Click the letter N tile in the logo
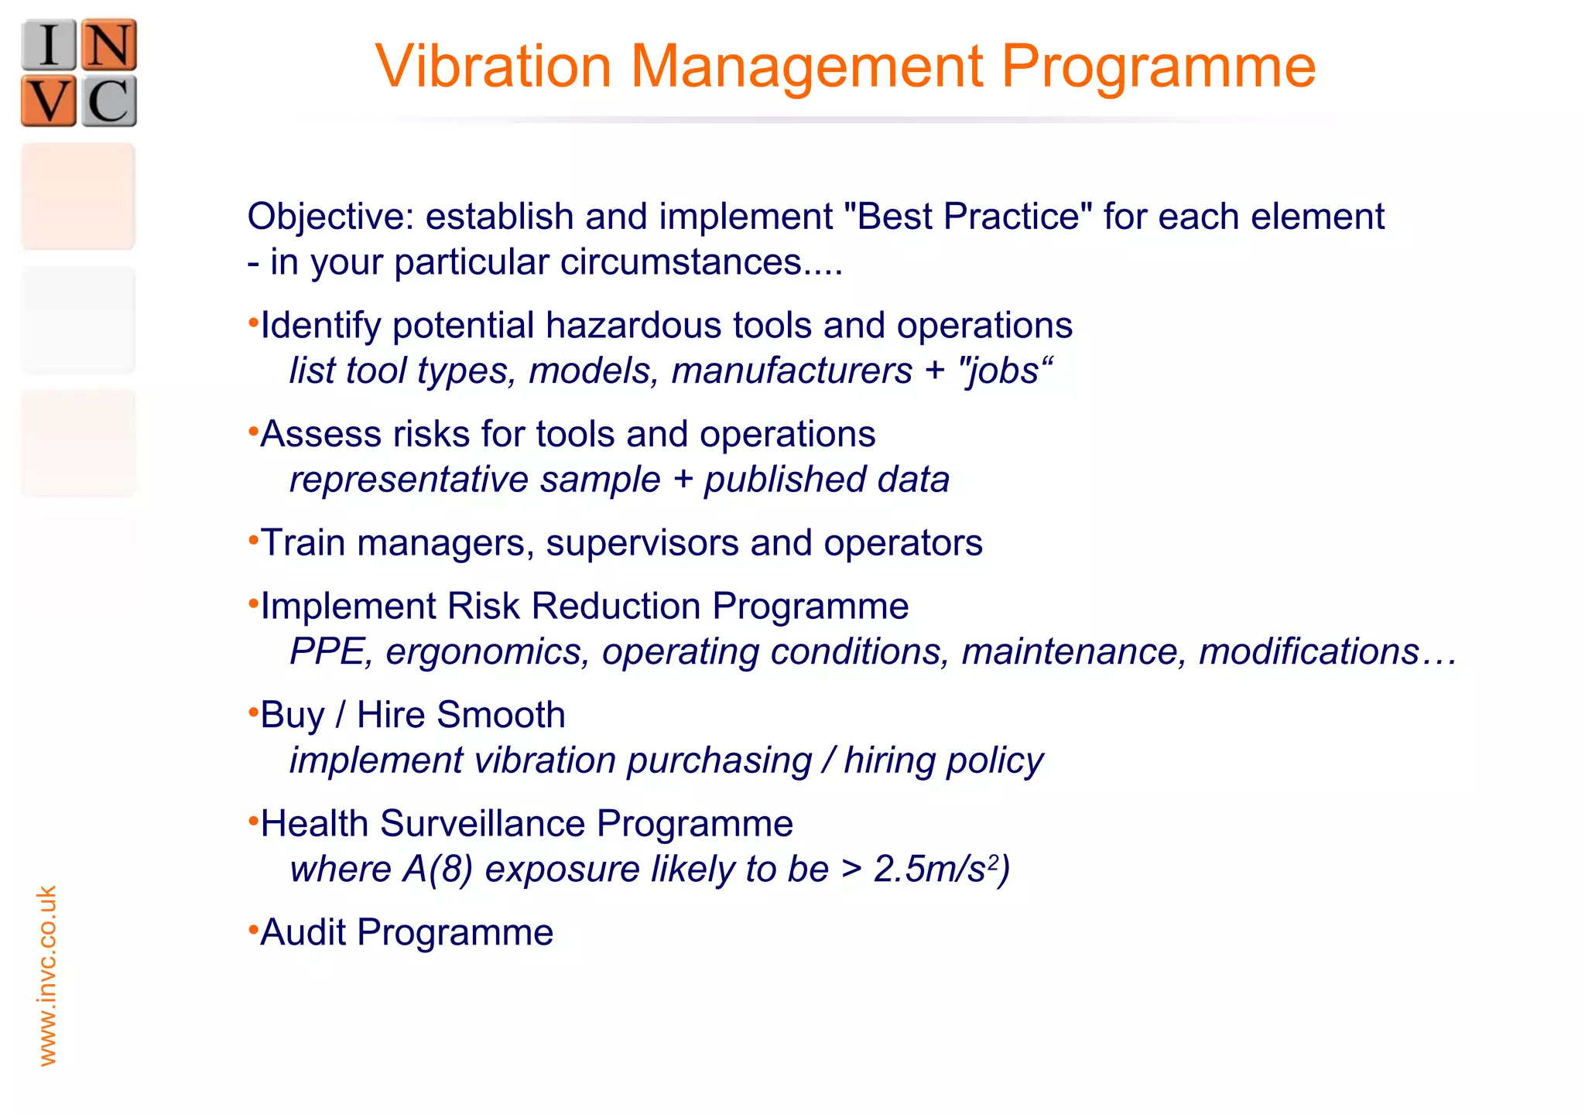(x=109, y=45)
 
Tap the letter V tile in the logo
(x=49, y=101)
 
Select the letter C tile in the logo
(x=109, y=101)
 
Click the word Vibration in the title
(x=494, y=67)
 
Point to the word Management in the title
(x=806, y=68)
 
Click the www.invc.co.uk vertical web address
(x=47, y=976)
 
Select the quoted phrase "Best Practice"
(x=968, y=217)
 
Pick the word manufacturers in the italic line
(x=792, y=371)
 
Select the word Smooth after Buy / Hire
(x=499, y=715)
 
